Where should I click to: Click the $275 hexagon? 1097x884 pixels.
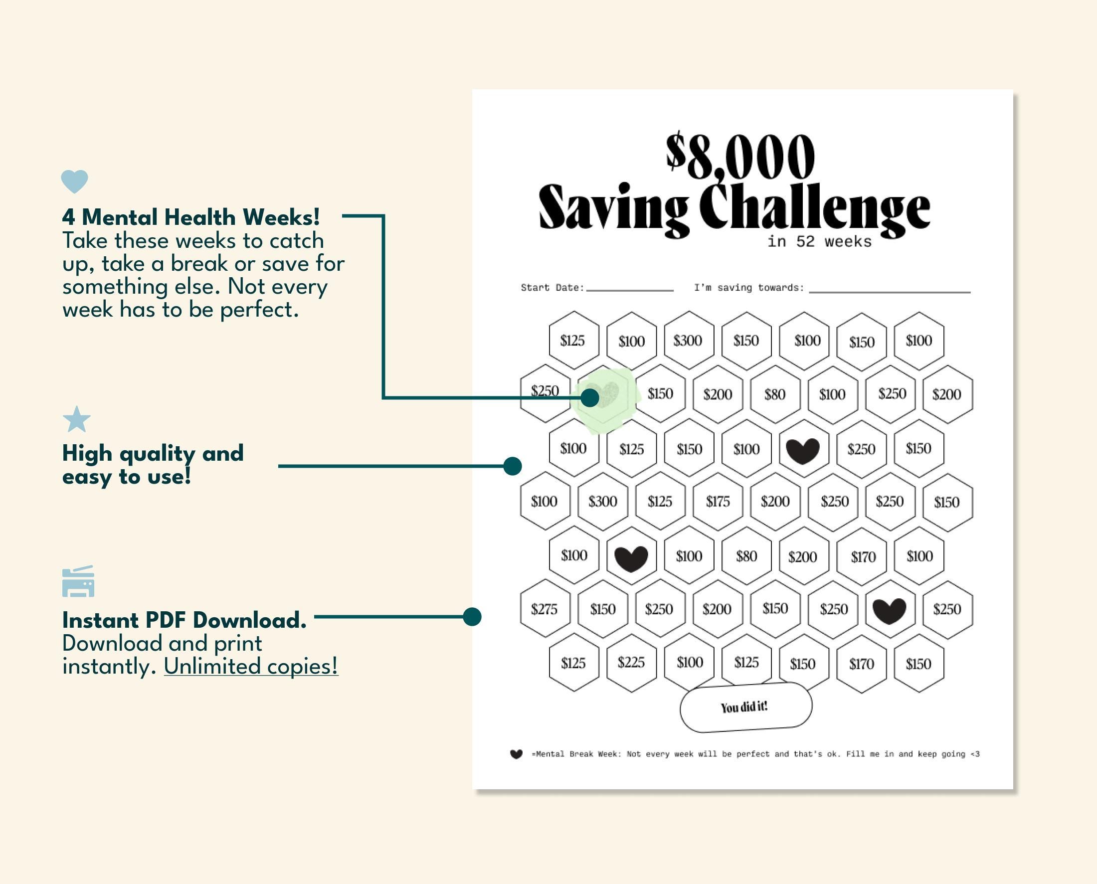click(545, 609)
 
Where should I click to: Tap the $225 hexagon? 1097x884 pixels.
click(631, 663)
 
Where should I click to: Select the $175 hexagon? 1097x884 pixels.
click(718, 502)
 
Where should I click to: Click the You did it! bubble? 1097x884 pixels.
click(745, 707)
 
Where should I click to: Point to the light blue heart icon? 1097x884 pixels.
click(74, 181)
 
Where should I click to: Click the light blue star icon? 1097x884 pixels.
click(76, 420)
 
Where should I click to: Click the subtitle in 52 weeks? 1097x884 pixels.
click(819, 241)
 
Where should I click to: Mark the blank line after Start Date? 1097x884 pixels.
click(629, 289)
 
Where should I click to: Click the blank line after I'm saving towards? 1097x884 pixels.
click(889, 291)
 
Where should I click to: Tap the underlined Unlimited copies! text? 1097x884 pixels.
click(251, 667)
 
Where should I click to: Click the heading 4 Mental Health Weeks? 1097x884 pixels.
click(191, 217)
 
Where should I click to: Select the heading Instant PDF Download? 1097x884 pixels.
click(184, 620)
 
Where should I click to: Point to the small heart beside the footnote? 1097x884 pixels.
click(516, 754)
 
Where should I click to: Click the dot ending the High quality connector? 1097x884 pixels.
click(512, 466)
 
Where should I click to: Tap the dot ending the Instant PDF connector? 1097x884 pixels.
click(472, 617)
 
